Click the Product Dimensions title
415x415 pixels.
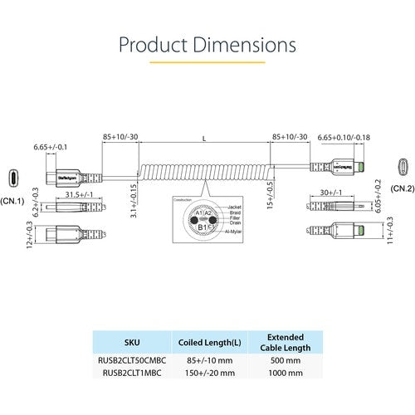pyautogui.click(x=207, y=43)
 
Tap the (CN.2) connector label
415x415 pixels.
pyautogui.click(x=402, y=189)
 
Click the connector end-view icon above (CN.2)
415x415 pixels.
pyautogui.click(x=402, y=166)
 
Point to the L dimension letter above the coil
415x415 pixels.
pyautogui.click(x=204, y=137)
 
